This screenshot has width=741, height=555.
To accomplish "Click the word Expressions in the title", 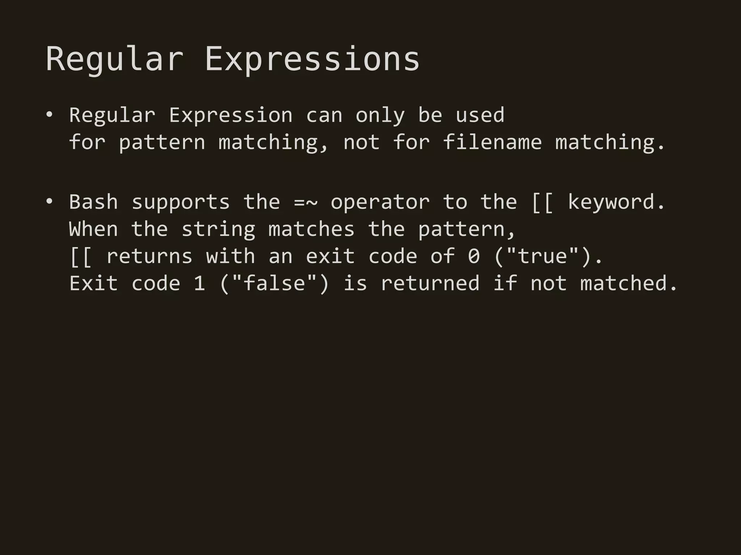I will pyautogui.click(x=312, y=59).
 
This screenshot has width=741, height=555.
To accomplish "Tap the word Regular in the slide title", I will pyautogui.click(x=115, y=59).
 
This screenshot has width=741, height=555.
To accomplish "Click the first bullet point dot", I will pyautogui.click(x=49, y=115).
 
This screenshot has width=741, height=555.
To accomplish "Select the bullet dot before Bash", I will pyautogui.click(x=49, y=202).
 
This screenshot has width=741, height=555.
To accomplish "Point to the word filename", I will pyautogui.click(x=492, y=142).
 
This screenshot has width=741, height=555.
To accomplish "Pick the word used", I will pyautogui.click(x=480, y=115).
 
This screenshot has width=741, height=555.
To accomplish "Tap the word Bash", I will pyautogui.click(x=93, y=202).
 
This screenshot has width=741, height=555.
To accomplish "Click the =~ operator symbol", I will pyautogui.click(x=306, y=202).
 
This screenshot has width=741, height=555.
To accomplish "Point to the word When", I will pyautogui.click(x=93, y=229).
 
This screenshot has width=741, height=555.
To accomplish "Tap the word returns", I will pyautogui.click(x=149, y=256).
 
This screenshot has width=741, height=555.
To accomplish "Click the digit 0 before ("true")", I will pyautogui.click(x=474, y=256).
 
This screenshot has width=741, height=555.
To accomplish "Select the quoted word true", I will pyautogui.click(x=542, y=256).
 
